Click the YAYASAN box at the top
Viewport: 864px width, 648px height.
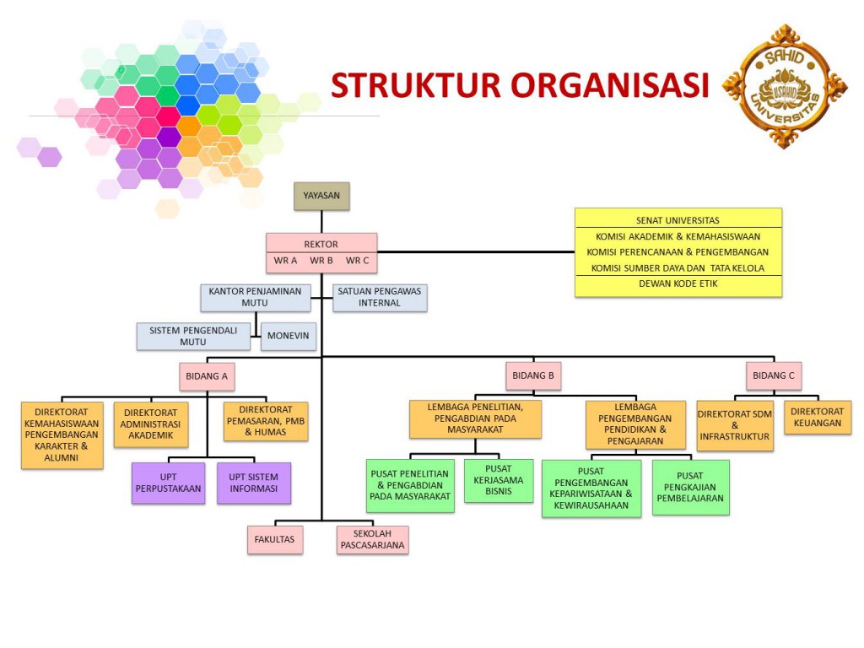[321, 196]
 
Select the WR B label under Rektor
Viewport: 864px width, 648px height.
[321, 261]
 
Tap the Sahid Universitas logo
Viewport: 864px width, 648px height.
[784, 85]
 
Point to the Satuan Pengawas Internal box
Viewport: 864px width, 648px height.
[380, 298]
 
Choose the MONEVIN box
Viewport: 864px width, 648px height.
[288, 336]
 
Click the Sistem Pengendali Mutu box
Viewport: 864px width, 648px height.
[193, 336]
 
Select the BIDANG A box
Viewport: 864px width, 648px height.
[207, 375]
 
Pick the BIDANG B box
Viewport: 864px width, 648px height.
[534, 375]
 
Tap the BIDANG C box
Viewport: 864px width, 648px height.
[774, 375]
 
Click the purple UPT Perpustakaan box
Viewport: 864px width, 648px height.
[168, 483]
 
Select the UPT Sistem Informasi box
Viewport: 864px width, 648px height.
[254, 483]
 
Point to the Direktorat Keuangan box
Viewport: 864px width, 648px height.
[818, 418]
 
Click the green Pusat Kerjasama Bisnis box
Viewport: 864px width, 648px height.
[499, 480]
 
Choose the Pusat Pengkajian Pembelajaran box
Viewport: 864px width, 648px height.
[690, 487]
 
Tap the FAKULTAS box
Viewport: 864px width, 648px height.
[275, 539]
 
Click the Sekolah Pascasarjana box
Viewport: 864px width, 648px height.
[372, 540]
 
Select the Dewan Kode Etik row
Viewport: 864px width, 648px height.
[678, 284]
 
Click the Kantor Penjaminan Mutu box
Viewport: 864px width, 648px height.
[256, 297]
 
